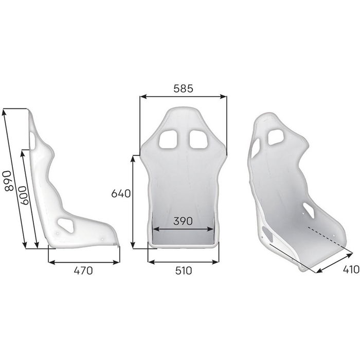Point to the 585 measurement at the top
[x=182, y=88]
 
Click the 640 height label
[x=122, y=194]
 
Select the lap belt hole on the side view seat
[x=66, y=224]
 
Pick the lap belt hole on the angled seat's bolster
[x=310, y=209]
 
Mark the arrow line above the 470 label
[x=83, y=261]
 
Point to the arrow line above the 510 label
[x=183, y=261]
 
